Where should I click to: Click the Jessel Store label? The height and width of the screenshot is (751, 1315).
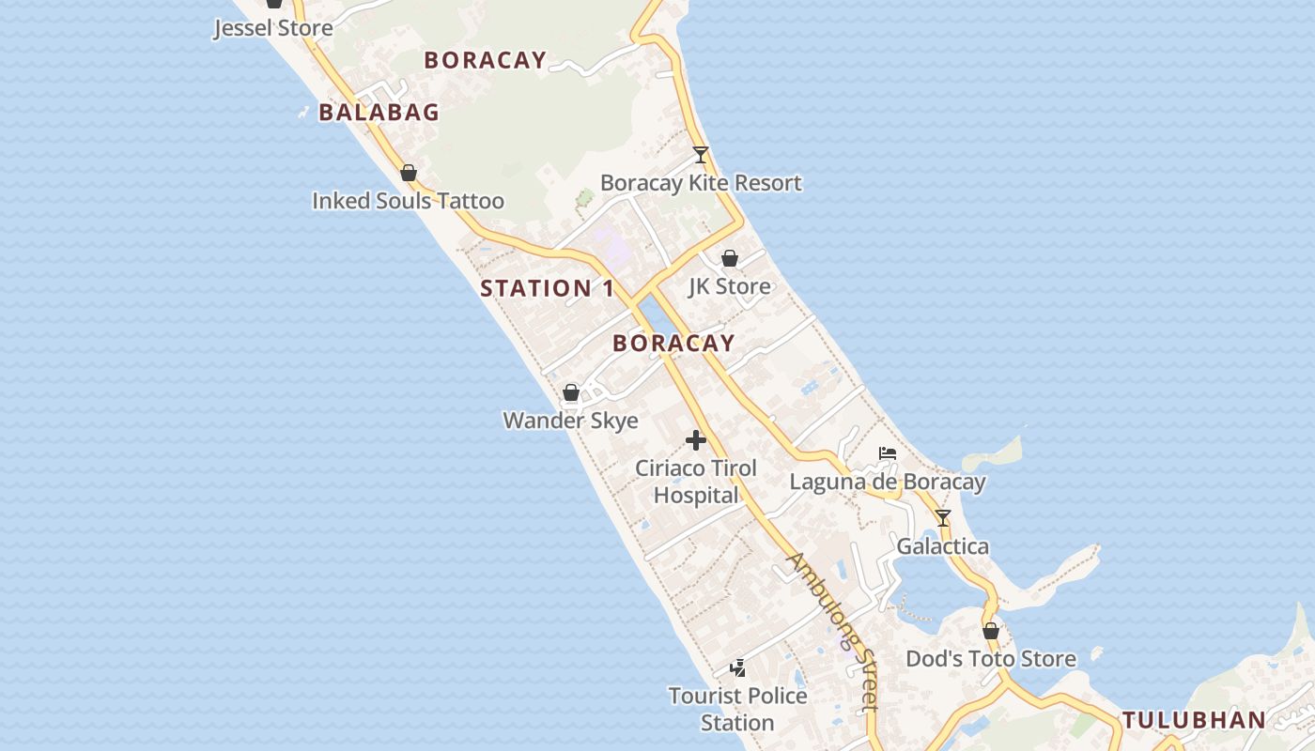coord(273,28)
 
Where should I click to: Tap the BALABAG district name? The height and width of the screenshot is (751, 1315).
coord(379,113)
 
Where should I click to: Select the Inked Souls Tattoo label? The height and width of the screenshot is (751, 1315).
coord(408,201)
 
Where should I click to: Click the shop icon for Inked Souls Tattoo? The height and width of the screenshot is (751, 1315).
coord(409,173)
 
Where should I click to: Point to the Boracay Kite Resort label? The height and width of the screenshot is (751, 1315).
coord(701,183)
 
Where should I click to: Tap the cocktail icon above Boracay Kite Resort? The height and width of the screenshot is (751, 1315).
coord(700,155)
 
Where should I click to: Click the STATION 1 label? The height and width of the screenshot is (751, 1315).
coord(547,288)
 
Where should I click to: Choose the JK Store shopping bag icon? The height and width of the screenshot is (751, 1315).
coord(730,258)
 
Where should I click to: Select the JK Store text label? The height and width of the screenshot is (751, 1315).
coord(730,286)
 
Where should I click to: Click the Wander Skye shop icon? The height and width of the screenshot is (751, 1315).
coord(571,392)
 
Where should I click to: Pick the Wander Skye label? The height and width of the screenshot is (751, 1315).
coord(571,421)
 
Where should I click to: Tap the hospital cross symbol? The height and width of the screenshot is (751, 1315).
coord(696,439)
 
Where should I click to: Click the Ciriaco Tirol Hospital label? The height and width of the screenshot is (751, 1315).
coord(696,482)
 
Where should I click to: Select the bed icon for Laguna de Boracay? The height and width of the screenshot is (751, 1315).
coord(888,454)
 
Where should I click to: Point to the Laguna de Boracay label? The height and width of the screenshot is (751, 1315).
coord(888,483)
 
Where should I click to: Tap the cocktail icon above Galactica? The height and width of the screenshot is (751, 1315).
coord(943,518)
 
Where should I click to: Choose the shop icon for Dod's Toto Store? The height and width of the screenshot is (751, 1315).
coord(991,631)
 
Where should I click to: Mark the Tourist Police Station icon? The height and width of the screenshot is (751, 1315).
coord(738,667)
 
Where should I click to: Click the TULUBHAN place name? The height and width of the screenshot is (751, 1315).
coord(1194,721)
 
